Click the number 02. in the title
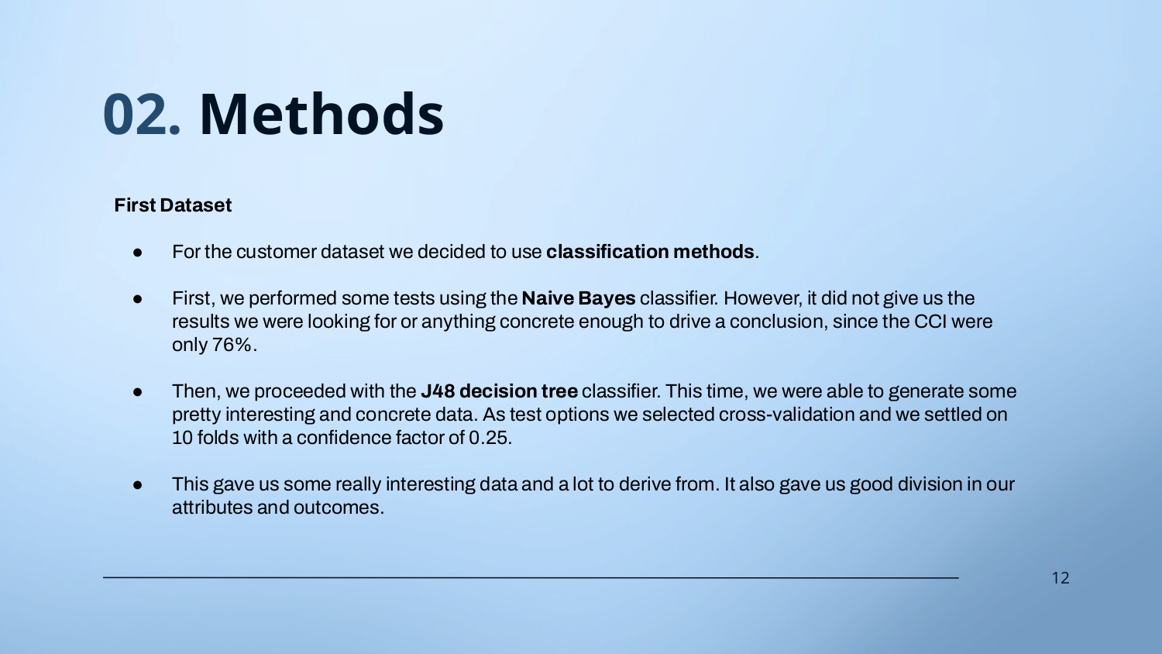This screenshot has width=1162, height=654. click(x=142, y=114)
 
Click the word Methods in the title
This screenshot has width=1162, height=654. click(x=321, y=114)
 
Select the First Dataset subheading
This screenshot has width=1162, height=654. click(x=173, y=205)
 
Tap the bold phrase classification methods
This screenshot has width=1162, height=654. click(x=650, y=252)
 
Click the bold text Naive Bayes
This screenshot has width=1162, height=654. click(x=579, y=298)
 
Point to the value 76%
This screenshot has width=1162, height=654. click(x=232, y=345)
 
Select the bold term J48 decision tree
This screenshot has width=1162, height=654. click(x=499, y=391)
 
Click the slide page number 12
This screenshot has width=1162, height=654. click(x=1061, y=578)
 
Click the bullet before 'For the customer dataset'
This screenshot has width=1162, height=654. click(x=137, y=253)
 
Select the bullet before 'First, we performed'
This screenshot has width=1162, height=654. click(x=137, y=299)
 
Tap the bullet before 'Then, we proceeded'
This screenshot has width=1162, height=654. click(x=137, y=392)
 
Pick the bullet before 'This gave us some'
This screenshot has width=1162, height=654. click(x=137, y=485)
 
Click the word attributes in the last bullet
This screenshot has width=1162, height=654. click(x=212, y=508)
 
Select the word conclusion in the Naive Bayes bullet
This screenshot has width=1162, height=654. click(x=777, y=322)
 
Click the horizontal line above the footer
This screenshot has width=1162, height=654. click(x=531, y=577)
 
